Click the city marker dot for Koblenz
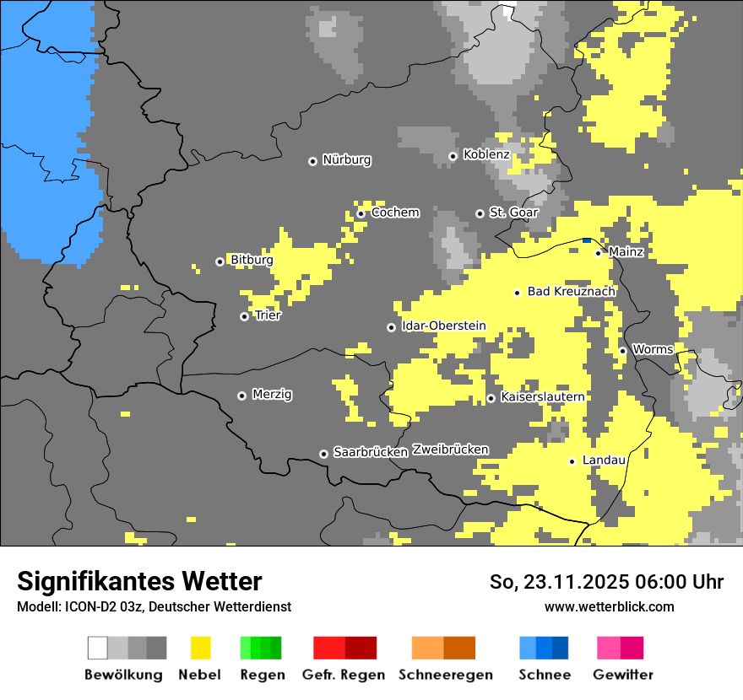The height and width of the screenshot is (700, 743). (453, 156)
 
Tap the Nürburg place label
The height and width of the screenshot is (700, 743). (346, 160)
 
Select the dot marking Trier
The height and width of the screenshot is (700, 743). (245, 317)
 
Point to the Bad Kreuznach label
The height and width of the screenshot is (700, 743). (571, 292)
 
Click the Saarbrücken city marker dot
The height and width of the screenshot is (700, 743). (323, 454)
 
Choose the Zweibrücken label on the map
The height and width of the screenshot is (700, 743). (450, 450)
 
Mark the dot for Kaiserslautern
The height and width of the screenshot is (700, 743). (491, 398)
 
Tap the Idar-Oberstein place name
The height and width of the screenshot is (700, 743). (443, 326)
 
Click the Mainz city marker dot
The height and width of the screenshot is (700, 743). (599, 253)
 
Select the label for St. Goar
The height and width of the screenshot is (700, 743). (513, 213)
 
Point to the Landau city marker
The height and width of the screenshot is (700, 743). (572, 461)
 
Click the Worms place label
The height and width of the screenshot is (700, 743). (653, 350)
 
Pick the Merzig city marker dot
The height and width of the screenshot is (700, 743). (242, 396)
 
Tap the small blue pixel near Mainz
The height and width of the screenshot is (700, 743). (587, 240)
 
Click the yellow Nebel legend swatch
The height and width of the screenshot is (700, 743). (200, 648)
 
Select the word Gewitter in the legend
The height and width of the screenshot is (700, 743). (623, 675)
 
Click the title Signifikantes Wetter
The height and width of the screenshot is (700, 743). (139, 582)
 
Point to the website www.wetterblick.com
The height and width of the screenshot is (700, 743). (609, 607)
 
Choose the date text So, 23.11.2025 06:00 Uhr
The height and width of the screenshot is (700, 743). (606, 582)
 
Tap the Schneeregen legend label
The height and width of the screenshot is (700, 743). (444, 675)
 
